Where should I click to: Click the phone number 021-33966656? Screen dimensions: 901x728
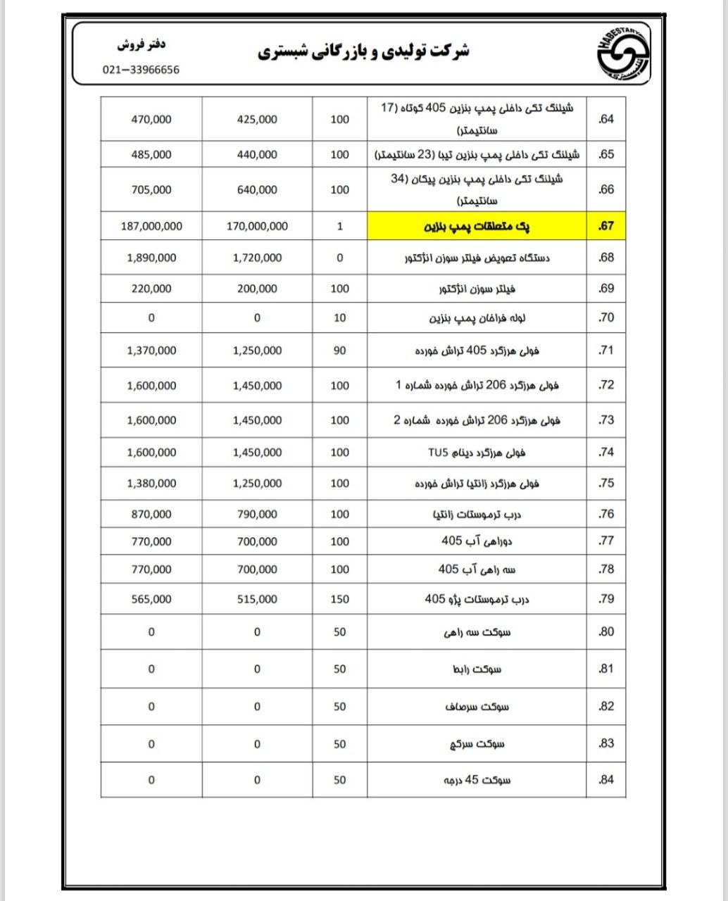pos(141,70)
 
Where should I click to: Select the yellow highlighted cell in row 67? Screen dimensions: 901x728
pos(477,227)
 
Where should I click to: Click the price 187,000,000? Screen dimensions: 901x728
pos(151,227)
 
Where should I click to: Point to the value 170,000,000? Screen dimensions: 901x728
pos(257,227)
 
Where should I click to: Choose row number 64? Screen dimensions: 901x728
pos(606,119)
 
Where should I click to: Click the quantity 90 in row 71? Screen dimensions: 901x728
pos(339,351)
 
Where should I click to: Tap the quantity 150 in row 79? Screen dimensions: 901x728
pos(339,599)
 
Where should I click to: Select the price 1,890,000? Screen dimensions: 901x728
pos(151,258)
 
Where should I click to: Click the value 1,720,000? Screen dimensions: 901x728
pos(257,258)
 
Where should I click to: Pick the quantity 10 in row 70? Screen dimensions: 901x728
pos(339,317)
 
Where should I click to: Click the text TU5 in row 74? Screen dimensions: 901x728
pos(437,452)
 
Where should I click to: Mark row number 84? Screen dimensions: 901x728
pos(606,780)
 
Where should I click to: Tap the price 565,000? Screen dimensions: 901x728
pos(151,599)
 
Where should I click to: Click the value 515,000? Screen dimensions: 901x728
pos(257,599)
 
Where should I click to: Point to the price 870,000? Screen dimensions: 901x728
pos(151,515)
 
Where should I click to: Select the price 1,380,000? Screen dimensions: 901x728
pos(151,484)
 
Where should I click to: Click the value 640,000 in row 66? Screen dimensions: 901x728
pos(257,189)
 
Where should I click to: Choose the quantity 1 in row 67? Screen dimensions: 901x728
pos(339,227)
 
